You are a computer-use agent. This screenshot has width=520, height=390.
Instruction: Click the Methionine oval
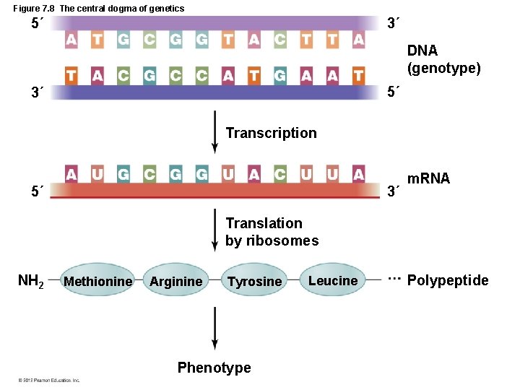(98, 281)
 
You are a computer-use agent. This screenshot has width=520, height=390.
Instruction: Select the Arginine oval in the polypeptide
(175, 281)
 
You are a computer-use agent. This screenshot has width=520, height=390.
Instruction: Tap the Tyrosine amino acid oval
(254, 281)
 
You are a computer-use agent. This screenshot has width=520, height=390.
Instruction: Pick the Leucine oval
(333, 280)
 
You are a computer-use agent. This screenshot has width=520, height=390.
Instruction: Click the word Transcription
(271, 133)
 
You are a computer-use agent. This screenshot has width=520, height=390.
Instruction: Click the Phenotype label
(214, 368)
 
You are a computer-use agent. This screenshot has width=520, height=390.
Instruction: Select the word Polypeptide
(448, 280)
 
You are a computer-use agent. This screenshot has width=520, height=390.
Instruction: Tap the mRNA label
(428, 178)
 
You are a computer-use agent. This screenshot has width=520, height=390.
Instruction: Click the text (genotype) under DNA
(443, 68)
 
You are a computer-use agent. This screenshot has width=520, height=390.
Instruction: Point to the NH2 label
(30, 281)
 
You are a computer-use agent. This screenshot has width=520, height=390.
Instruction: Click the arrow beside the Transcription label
(214, 132)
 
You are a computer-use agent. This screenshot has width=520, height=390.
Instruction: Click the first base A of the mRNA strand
(71, 174)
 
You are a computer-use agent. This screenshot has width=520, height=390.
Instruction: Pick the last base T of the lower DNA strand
(358, 75)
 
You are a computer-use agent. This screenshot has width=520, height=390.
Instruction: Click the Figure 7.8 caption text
(99, 8)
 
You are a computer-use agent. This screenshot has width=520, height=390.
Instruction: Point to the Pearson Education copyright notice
(50, 380)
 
